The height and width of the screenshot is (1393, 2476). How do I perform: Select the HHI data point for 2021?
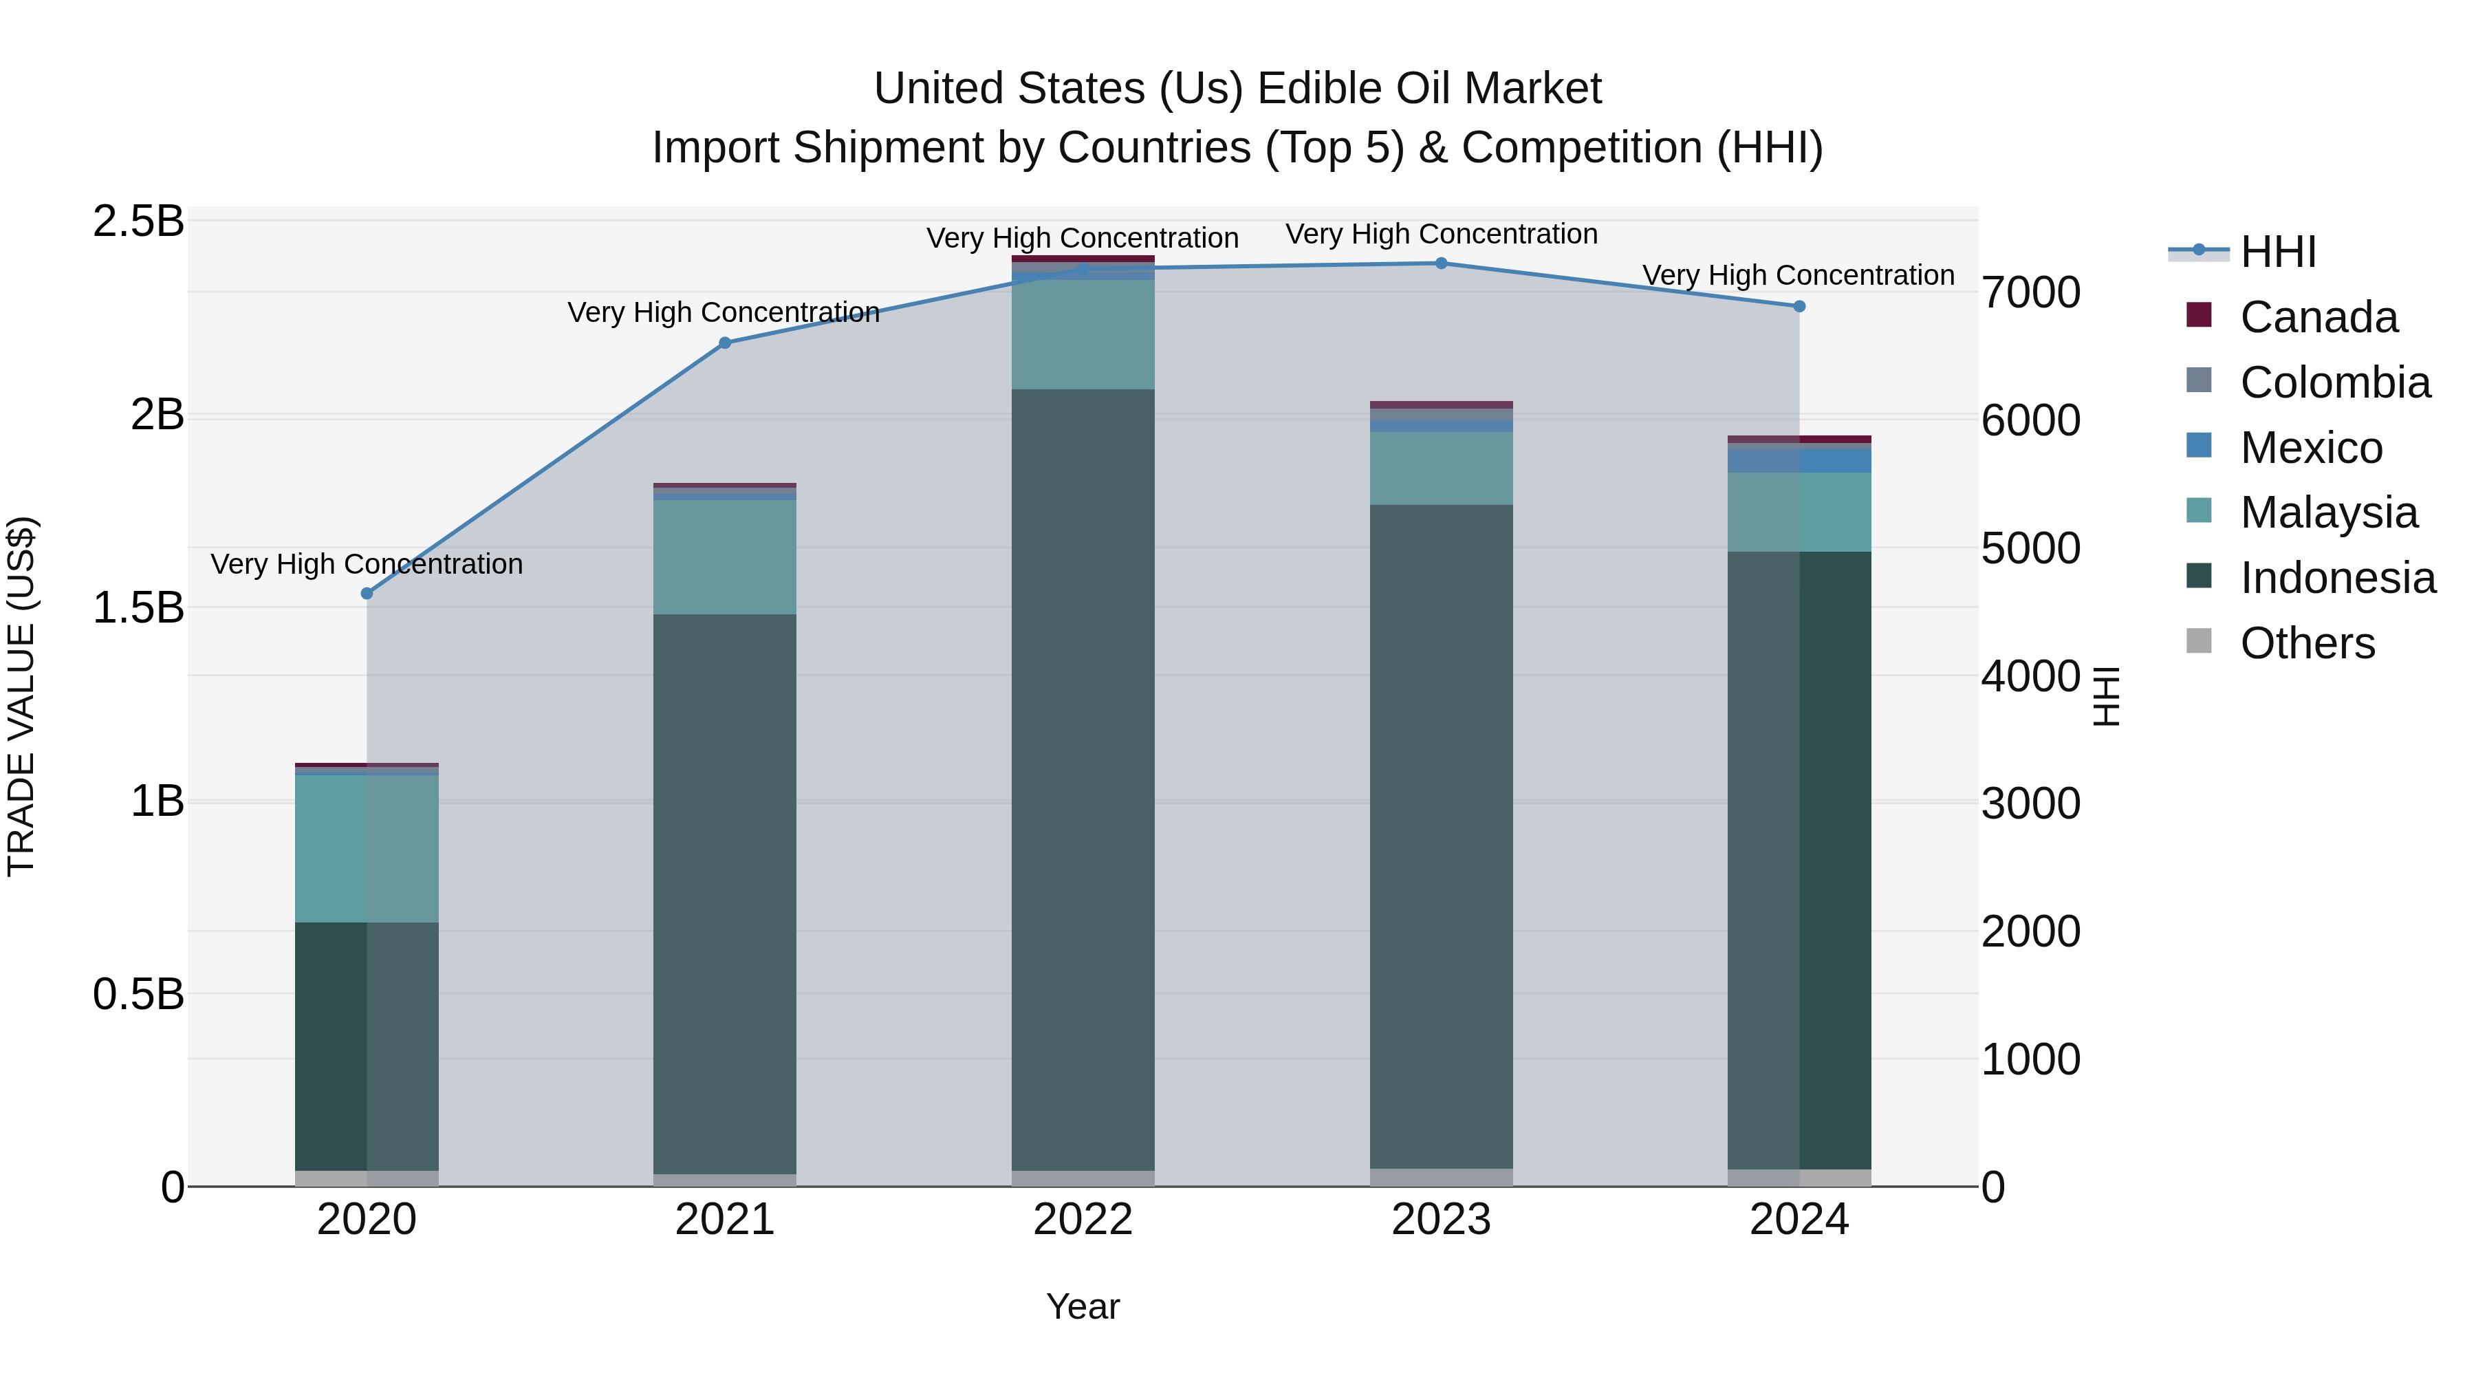coord(725,343)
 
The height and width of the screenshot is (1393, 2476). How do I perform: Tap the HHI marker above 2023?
coord(1441,263)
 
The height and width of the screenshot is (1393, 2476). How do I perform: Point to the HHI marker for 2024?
coord(1799,307)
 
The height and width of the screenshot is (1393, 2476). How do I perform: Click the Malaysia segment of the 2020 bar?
coord(366,848)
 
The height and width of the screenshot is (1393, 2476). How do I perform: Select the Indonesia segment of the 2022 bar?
coord(1083,779)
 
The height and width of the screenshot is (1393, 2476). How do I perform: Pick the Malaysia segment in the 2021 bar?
coord(725,557)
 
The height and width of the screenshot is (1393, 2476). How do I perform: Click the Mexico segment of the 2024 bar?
coord(1799,460)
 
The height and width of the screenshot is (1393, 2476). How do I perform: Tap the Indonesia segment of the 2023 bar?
coord(1441,836)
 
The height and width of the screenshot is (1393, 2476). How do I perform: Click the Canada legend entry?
coord(2318,317)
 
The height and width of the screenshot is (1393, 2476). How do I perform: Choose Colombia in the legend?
coord(2335,382)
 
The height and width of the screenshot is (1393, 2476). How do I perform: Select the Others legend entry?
coord(2307,643)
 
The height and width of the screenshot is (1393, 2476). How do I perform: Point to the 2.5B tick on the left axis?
coord(138,221)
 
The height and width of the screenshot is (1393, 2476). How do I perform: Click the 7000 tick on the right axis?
coord(2030,292)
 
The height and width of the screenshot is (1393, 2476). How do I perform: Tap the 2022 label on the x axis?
coord(1083,1220)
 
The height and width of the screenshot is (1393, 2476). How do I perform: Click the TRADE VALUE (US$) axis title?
coord(21,696)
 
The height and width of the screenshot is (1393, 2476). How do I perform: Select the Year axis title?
coord(1083,1306)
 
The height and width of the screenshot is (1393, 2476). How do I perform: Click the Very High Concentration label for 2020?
coord(366,563)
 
